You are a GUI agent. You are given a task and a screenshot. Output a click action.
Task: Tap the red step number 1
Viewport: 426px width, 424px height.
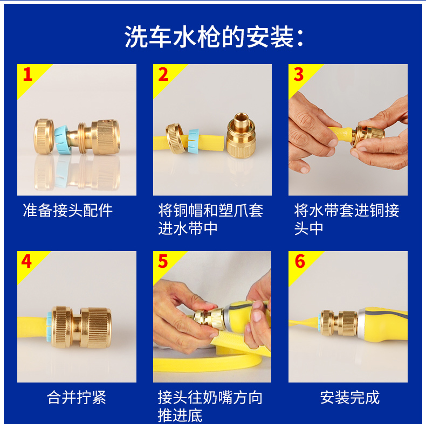click(28, 74)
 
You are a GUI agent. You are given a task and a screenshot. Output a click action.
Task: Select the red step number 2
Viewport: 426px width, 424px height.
click(163, 74)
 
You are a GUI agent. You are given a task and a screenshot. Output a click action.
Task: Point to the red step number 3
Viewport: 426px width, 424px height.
click(299, 74)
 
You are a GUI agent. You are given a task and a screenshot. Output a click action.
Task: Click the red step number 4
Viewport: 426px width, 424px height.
click(26, 261)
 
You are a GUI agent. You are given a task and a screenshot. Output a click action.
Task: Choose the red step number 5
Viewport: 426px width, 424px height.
click(163, 261)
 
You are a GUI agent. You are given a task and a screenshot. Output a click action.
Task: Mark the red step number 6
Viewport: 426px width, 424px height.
click(300, 261)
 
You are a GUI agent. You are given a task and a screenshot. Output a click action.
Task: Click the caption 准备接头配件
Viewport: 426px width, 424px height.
click(67, 210)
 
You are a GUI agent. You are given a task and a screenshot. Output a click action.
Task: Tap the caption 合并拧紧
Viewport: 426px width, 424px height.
click(77, 398)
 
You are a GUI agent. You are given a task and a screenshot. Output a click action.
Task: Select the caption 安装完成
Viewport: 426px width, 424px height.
click(349, 398)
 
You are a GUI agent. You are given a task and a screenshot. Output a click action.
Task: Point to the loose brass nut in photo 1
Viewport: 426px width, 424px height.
click(44, 136)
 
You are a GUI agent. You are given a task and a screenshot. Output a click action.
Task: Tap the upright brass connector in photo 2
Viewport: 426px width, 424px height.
click(241, 136)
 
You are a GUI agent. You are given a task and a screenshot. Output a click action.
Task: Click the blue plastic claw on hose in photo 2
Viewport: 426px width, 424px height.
click(193, 141)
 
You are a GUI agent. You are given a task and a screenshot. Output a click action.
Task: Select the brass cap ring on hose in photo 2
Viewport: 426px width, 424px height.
click(175, 138)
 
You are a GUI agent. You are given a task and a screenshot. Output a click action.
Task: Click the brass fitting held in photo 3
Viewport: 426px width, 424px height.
click(367, 135)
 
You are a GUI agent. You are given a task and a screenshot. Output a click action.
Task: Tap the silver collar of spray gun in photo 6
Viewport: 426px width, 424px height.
click(363, 324)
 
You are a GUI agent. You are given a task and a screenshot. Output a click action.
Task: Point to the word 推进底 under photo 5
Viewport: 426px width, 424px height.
click(180, 416)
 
